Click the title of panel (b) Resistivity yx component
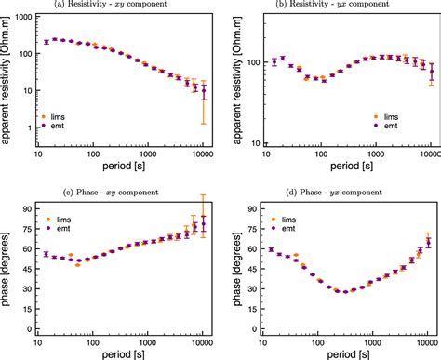pos(336,7)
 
